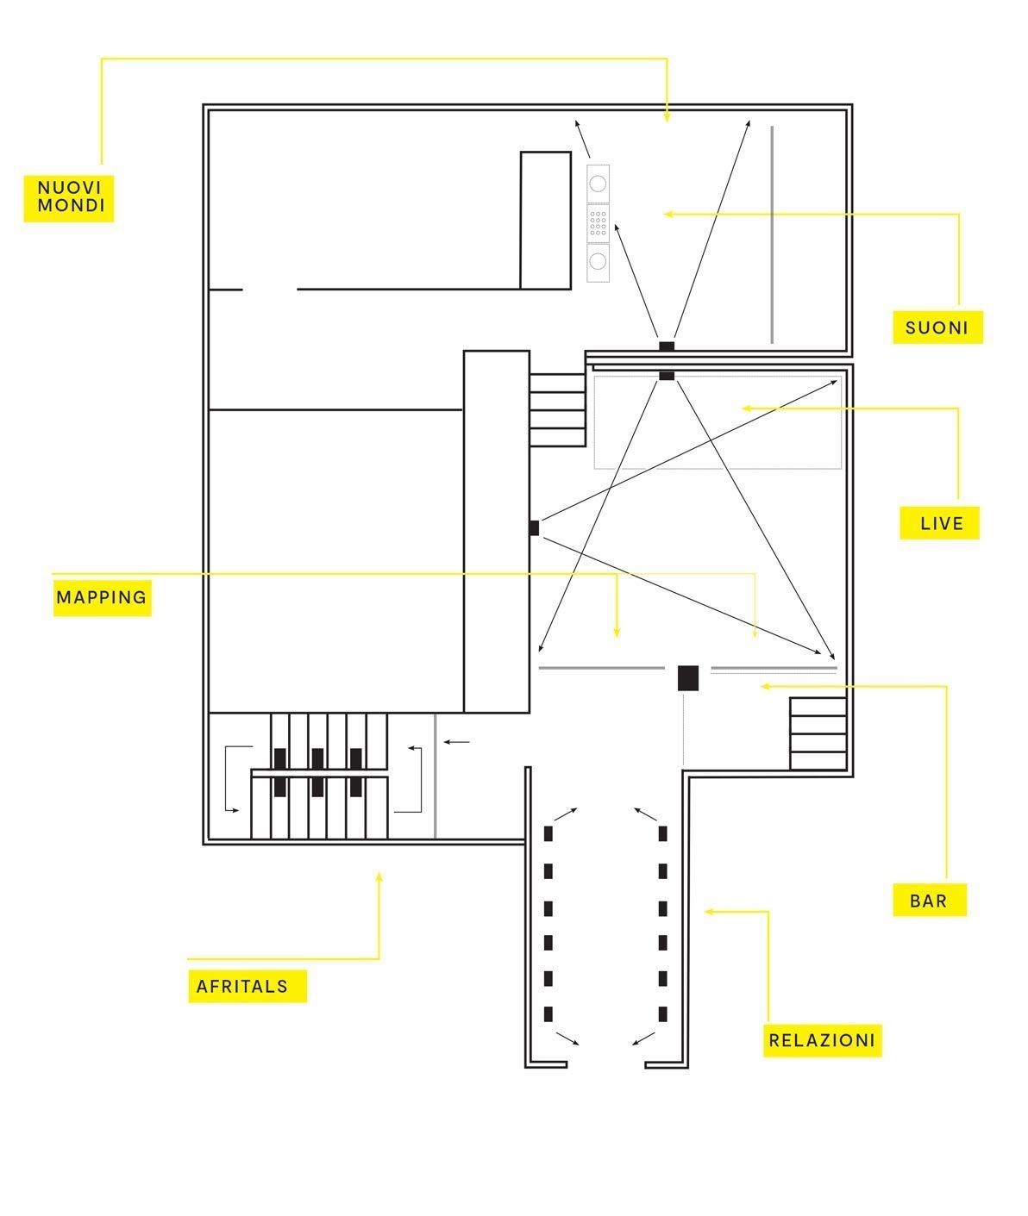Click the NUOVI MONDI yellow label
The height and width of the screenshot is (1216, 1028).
(x=69, y=198)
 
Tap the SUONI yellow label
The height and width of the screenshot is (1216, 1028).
(x=937, y=327)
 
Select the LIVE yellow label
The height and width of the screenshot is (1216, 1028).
(x=939, y=523)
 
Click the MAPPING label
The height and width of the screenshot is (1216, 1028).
(x=103, y=597)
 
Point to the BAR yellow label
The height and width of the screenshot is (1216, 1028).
(x=930, y=900)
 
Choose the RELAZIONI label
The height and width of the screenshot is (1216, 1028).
(x=822, y=1041)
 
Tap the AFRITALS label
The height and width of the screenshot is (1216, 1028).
(x=248, y=986)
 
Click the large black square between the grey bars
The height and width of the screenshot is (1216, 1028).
(x=687, y=678)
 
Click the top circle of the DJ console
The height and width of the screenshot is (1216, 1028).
(x=598, y=184)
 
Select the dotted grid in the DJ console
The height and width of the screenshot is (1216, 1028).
(x=598, y=223)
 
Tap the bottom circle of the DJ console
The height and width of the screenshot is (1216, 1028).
(x=598, y=261)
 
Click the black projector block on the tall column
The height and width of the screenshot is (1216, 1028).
(x=535, y=528)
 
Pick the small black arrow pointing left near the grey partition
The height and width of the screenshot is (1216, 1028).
(x=456, y=742)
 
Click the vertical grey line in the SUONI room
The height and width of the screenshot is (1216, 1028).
(x=772, y=234)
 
